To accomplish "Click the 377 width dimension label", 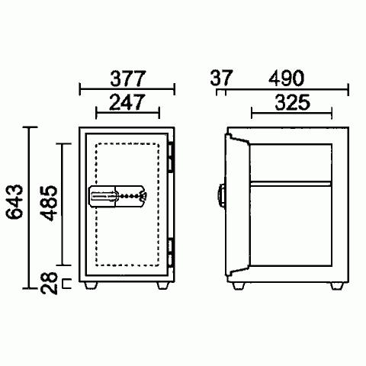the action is [x=128, y=79].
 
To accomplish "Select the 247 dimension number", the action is [x=127, y=102].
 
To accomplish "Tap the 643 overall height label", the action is [x=14, y=202].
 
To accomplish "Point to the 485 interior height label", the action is [x=49, y=203].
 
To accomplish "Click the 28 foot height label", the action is [x=49, y=283].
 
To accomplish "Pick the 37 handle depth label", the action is [x=221, y=78].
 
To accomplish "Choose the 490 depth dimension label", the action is [x=286, y=78].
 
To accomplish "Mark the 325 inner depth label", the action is [x=292, y=102].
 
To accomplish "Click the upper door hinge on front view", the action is [x=170, y=158].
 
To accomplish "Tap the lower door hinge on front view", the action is [x=170, y=253].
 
